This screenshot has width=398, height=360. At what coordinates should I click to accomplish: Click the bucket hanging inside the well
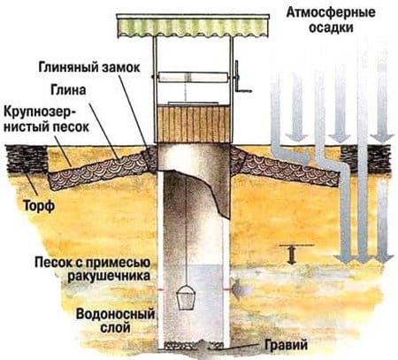coord(188,297)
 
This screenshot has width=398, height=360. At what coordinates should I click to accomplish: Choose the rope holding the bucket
coord(187,230)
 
